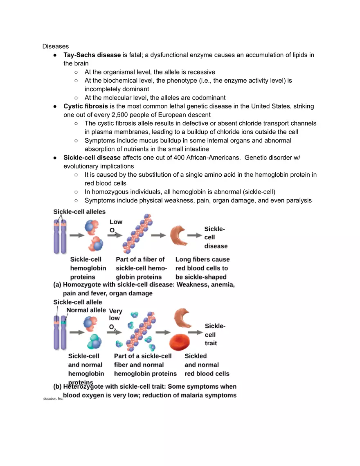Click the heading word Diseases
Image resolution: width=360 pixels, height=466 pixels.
(x=56, y=46)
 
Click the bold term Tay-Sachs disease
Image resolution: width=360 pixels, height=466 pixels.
(x=92, y=55)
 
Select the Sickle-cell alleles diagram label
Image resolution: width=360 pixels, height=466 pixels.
(x=79, y=212)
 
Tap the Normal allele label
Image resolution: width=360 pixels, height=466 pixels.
(x=86, y=310)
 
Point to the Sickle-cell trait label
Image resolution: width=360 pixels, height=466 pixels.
(x=215, y=334)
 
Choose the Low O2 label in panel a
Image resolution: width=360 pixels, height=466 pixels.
(x=116, y=226)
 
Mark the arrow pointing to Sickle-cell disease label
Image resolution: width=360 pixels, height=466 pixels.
(x=193, y=235)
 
